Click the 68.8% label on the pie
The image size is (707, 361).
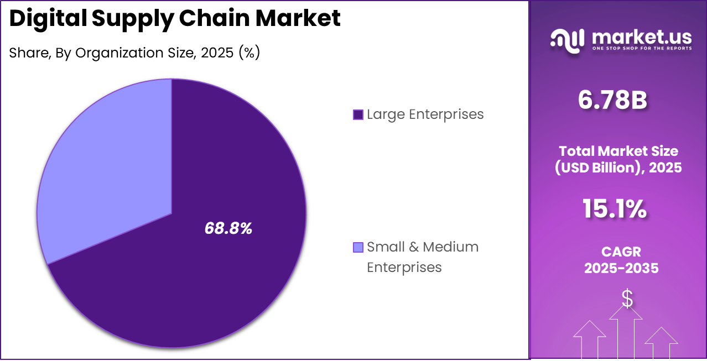point(228,228)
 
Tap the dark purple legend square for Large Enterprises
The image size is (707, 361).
point(358,114)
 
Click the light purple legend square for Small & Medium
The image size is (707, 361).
point(358,247)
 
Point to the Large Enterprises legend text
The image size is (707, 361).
point(425,114)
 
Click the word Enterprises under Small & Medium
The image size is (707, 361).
point(404,267)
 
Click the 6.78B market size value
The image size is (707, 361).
point(612,100)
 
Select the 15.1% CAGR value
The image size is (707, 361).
point(614,209)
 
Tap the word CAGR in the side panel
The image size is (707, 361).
point(621,252)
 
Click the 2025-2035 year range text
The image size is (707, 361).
point(621,268)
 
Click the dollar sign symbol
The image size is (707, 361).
point(627,299)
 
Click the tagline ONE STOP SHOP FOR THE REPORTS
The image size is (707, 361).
point(641,49)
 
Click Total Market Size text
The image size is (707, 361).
point(618,151)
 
